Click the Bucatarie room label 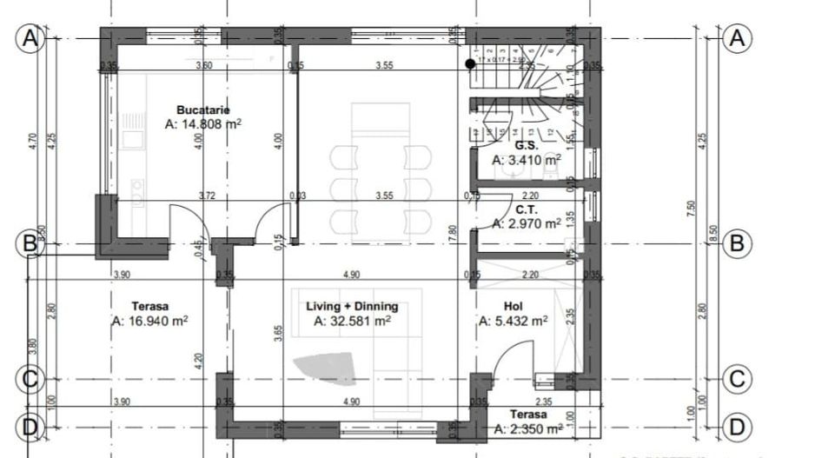[202, 110]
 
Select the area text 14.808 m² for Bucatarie [202, 124]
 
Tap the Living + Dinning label [352, 307]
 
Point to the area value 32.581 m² [352, 321]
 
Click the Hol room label [513, 307]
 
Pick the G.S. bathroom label [525, 146]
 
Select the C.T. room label [525, 209]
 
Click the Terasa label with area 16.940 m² [150, 307]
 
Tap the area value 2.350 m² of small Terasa [527, 428]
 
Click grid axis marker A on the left [29, 39]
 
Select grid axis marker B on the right [737, 243]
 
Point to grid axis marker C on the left [29, 380]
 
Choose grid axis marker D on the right [737, 428]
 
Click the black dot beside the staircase [470, 63]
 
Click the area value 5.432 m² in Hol [513, 321]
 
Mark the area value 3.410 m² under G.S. [527, 160]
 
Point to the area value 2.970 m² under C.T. [527, 223]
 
